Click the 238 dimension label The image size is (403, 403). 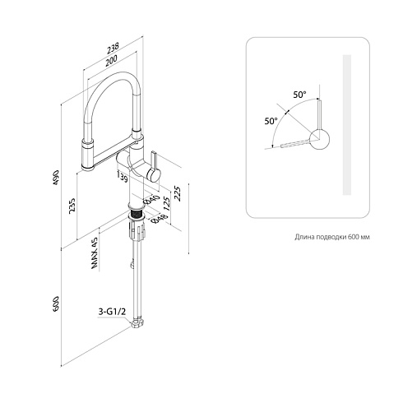tap(113, 48)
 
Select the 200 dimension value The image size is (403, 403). tap(111, 60)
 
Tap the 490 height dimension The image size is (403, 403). tap(56, 178)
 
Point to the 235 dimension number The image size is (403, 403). tap(72, 206)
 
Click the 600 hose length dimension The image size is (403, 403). tap(56, 303)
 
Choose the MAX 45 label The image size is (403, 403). tap(95, 252)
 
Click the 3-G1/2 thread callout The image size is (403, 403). tap(112, 312)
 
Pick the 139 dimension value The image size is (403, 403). tap(123, 177)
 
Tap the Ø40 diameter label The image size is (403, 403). tap(151, 200)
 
